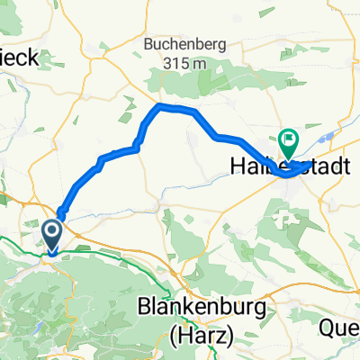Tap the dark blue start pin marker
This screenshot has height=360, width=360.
tap(51, 237)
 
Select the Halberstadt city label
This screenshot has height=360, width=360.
tap(277, 166)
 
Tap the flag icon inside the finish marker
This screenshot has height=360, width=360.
tap(289, 139)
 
